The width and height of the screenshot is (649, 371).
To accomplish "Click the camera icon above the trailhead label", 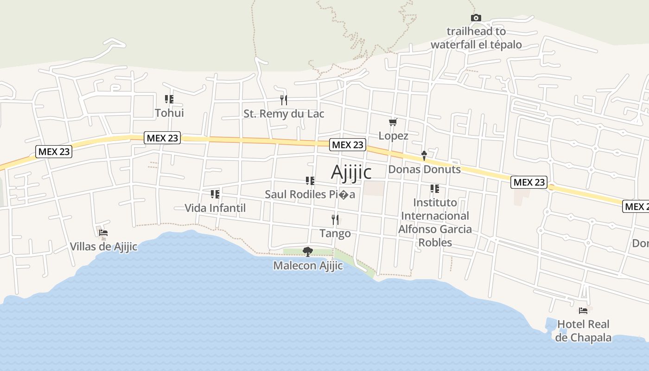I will click(476, 18).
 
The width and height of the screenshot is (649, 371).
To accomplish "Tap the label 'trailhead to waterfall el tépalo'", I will click(476, 38).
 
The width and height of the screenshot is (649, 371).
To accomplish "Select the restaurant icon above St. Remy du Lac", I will click(284, 100).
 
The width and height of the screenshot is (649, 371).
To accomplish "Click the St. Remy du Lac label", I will click(284, 114).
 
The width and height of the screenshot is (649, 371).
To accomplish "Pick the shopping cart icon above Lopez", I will click(393, 122).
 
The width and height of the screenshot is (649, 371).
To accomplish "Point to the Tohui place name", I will click(169, 113).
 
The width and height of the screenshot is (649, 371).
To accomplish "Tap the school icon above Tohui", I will click(169, 99).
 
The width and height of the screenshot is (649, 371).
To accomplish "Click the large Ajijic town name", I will click(351, 172).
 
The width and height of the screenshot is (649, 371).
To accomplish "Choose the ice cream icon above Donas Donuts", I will click(424, 155).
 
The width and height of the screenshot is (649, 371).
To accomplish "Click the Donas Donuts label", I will click(424, 169).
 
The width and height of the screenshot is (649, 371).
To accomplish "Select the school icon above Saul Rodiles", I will click(310, 180).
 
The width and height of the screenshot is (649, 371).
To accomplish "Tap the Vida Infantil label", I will click(215, 208).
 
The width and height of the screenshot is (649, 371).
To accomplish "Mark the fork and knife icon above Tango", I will click(335, 219).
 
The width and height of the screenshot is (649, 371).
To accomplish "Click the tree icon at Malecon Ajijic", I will click(307, 252).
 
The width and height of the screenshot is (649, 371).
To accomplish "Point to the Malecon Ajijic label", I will click(308, 266).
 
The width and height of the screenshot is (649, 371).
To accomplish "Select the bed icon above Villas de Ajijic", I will click(103, 232).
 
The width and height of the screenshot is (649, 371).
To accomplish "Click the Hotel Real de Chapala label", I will click(583, 331).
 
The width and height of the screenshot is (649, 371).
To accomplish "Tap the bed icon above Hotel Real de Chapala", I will click(583, 310).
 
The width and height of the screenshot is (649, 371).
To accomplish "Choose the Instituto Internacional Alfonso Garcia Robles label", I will click(435, 222).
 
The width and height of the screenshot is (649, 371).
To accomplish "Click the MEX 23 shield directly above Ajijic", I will click(348, 145).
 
